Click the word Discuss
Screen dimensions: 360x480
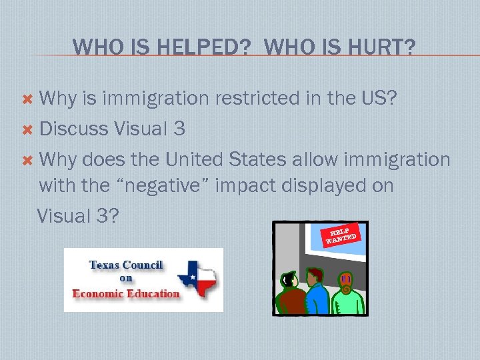point(75,129)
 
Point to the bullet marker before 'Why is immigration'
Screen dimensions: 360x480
point(27,99)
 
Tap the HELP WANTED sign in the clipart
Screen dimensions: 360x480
point(341,233)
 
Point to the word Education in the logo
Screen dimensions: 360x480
point(154,293)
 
